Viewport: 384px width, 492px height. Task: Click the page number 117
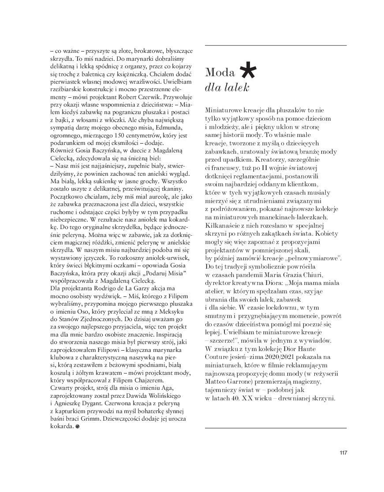(x=343, y=452)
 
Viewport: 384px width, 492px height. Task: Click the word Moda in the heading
(x=220, y=73)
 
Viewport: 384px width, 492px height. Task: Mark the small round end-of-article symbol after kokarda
(x=78, y=426)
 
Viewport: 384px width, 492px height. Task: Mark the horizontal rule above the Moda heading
(x=276, y=45)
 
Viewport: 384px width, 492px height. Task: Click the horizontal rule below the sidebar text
(x=276, y=427)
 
